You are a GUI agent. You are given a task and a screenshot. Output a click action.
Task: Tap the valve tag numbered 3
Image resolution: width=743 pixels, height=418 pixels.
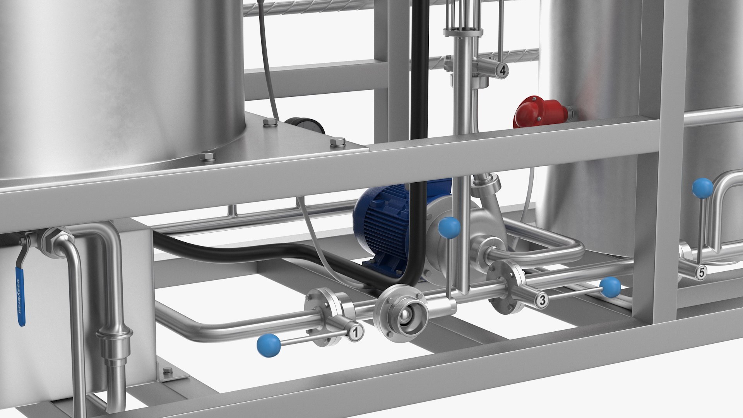click(x=543, y=299)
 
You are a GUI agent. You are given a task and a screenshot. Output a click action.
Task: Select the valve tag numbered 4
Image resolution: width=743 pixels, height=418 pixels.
click(x=502, y=70)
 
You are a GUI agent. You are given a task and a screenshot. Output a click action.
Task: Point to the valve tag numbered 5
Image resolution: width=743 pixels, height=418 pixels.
click(x=701, y=272)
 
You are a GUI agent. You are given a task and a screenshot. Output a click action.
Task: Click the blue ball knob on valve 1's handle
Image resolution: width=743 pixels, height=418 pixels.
click(x=269, y=344)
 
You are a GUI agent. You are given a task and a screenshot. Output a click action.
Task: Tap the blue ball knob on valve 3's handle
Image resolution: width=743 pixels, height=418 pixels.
click(x=610, y=287)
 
